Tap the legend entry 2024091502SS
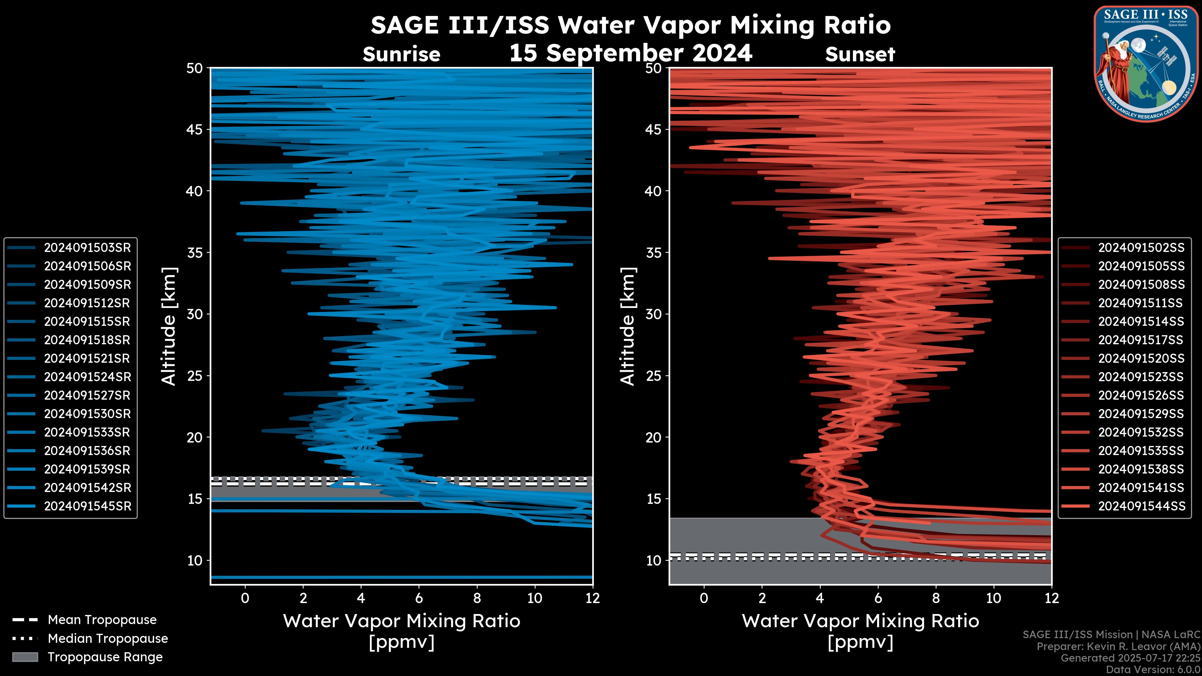click(1141, 248)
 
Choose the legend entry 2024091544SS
click(1141, 506)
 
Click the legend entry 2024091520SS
click(1141, 358)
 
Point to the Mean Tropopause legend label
click(102, 620)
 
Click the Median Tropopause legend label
click(107, 639)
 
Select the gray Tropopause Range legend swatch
click(25, 657)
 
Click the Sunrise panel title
click(401, 54)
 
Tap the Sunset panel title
click(860, 54)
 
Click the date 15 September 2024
click(630, 53)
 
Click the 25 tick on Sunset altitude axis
click(654, 376)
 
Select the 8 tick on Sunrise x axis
click(477, 598)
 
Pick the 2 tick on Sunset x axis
click(762, 598)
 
